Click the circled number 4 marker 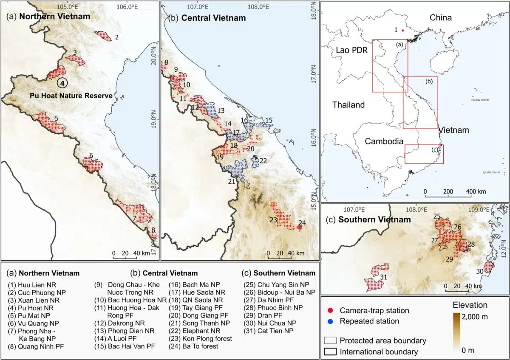(62, 83)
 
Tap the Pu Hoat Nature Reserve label (71, 96)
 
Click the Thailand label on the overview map (348, 105)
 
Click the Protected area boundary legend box (330, 340)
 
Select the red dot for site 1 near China (402, 30)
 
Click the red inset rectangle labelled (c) (424, 154)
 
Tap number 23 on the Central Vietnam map (273, 220)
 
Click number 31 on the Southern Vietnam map (383, 278)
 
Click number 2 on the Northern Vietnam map (116, 37)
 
